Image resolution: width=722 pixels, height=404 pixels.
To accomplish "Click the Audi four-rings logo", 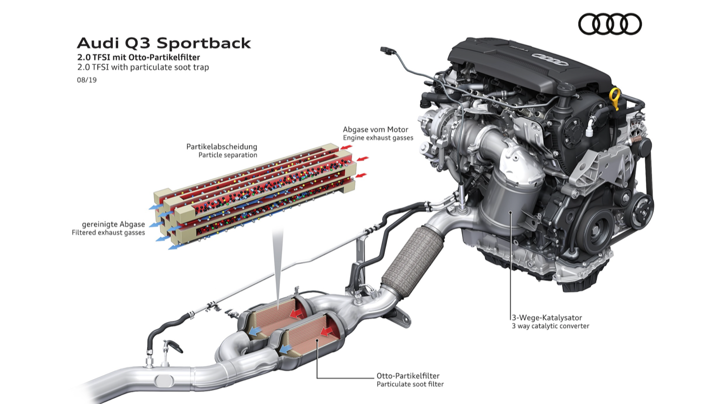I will (610, 24).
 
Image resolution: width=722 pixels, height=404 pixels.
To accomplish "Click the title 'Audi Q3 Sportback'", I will (164, 43).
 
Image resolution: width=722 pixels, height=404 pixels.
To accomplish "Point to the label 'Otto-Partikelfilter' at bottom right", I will (408, 375).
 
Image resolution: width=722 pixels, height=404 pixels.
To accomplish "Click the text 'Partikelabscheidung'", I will (222, 147).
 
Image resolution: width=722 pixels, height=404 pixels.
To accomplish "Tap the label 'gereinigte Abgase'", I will (113, 224).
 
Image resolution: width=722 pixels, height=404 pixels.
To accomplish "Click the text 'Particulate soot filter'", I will (410, 384).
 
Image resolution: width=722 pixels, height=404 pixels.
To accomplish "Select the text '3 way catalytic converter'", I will (550, 326).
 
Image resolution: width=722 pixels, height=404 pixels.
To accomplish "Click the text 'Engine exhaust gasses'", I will (378, 138).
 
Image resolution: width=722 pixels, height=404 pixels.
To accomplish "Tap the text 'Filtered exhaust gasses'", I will (108, 232).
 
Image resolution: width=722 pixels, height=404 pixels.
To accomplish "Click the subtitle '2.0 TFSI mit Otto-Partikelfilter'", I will (139, 58).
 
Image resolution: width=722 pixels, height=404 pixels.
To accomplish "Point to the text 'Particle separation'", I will (227, 155).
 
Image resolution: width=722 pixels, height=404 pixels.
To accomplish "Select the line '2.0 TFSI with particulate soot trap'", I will (143, 67).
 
